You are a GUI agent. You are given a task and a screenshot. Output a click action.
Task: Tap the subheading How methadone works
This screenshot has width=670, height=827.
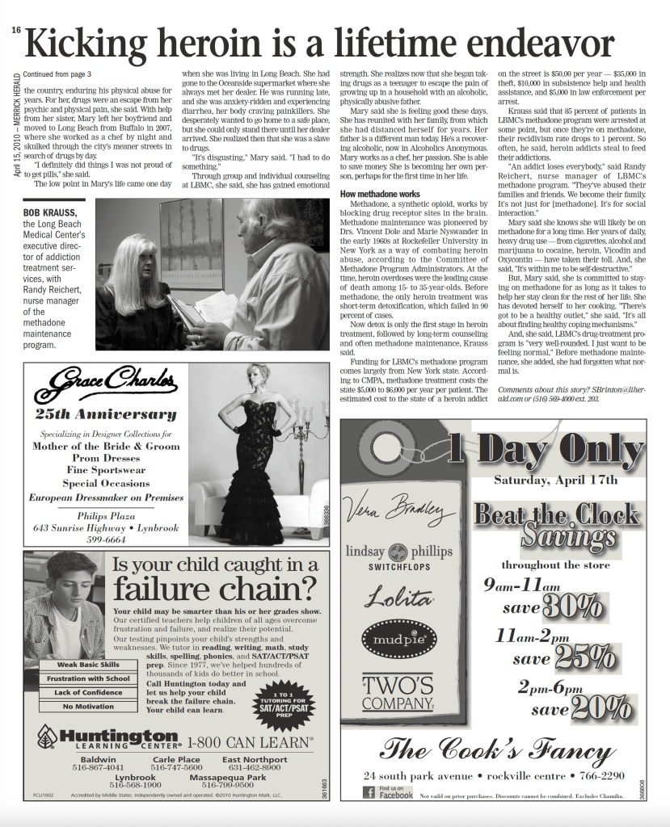tap(379, 194)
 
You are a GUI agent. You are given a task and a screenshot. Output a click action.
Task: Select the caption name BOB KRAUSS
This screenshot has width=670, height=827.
tap(48, 213)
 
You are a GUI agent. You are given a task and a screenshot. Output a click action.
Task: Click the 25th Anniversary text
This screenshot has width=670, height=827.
tap(105, 414)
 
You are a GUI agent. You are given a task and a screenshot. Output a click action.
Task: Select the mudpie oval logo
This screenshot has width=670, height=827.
tap(398, 640)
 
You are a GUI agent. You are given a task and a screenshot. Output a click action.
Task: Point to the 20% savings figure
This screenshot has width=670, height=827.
tap(601, 708)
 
